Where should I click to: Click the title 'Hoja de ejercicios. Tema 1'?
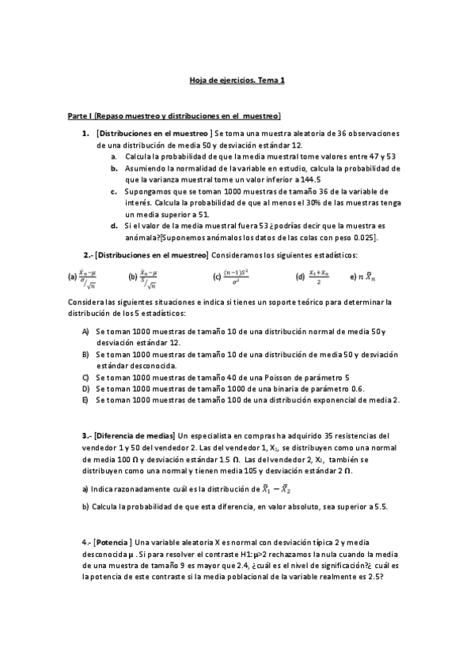(x=237, y=80)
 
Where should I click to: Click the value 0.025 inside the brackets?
(x=362, y=236)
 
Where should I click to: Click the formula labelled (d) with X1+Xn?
(x=314, y=277)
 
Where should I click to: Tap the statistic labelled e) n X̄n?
(x=366, y=277)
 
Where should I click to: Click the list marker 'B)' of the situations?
(x=85, y=355)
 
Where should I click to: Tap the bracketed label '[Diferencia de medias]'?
(x=135, y=435)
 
